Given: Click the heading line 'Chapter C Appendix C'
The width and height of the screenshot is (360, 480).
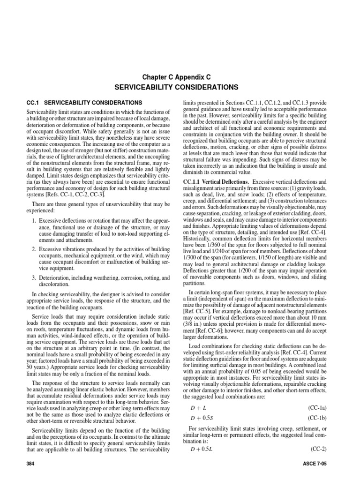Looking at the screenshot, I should (x=180, y=77).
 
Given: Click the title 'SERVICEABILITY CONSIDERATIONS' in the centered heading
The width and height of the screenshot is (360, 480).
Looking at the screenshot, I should (x=180, y=87).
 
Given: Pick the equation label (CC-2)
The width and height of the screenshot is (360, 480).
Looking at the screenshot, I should (x=320, y=449).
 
